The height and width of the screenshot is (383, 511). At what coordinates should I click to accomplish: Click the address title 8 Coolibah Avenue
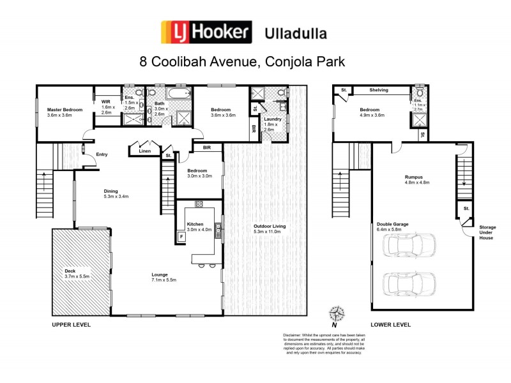point(243,63)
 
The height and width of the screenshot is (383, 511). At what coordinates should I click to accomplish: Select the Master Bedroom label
point(65,110)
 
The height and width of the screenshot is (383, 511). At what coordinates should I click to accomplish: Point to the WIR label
point(107,100)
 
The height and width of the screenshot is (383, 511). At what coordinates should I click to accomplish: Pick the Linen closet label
point(144,151)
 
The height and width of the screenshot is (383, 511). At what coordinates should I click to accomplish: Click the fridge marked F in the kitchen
point(181,236)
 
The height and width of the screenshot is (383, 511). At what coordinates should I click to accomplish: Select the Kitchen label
point(195,224)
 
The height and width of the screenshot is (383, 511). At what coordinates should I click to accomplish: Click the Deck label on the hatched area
point(70,271)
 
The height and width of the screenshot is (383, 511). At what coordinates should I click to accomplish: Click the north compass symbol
point(335,313)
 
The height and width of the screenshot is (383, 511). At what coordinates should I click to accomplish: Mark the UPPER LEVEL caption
point(72,325)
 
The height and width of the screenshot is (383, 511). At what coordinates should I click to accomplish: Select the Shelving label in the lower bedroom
point(379,90)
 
